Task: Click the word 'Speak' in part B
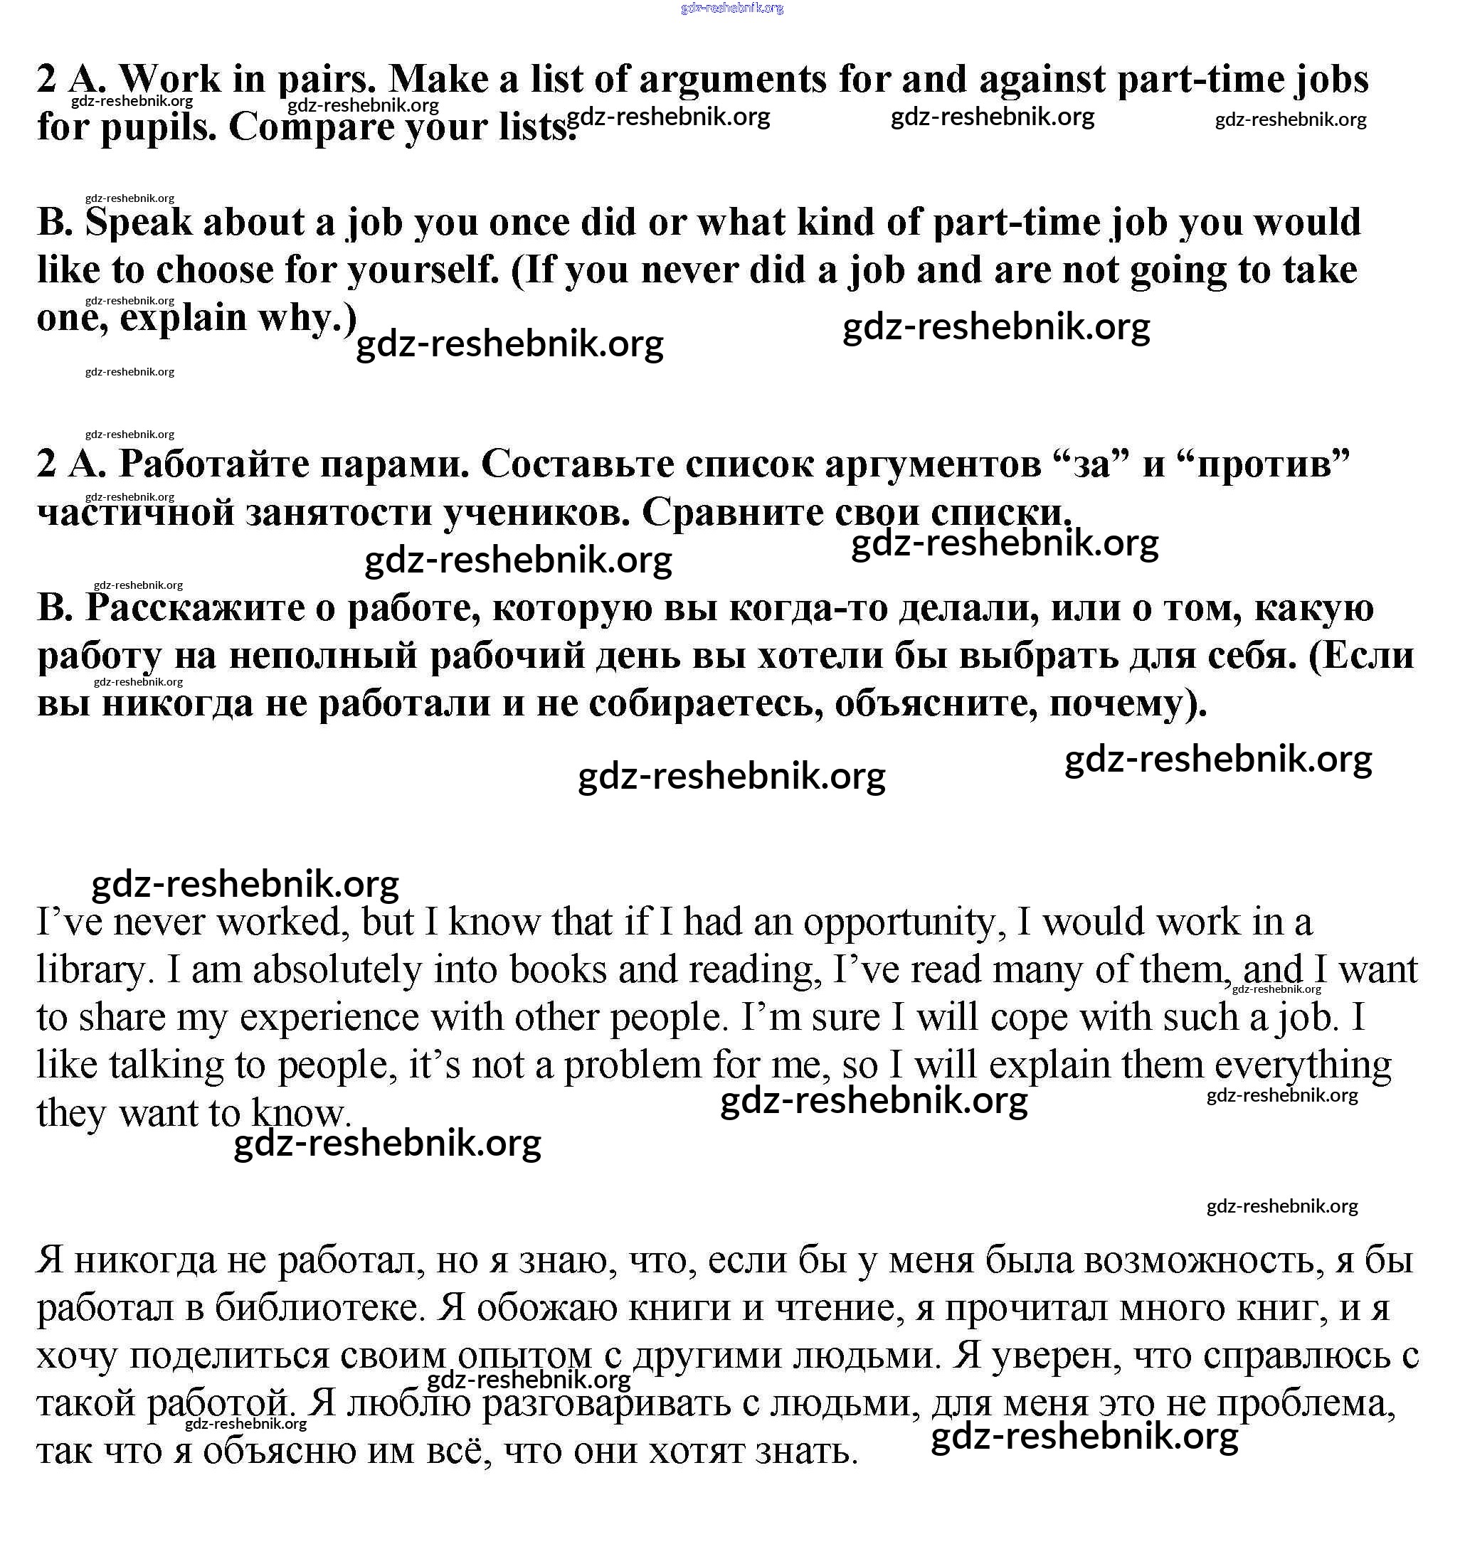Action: click(138, 223)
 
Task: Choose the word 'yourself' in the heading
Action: click(422, 270)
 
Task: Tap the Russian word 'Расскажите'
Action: click(194, 608)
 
